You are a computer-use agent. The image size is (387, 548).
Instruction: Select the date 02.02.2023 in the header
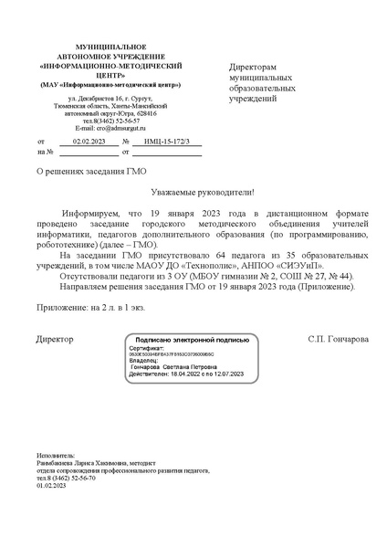(89, 142)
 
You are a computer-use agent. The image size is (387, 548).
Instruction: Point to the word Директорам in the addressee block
(252, 68)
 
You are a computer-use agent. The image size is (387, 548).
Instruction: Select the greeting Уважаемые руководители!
(203, 192)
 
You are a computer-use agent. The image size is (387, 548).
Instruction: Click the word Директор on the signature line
(55, 339)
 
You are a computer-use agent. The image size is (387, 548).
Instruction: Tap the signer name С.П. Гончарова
(339, 339)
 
